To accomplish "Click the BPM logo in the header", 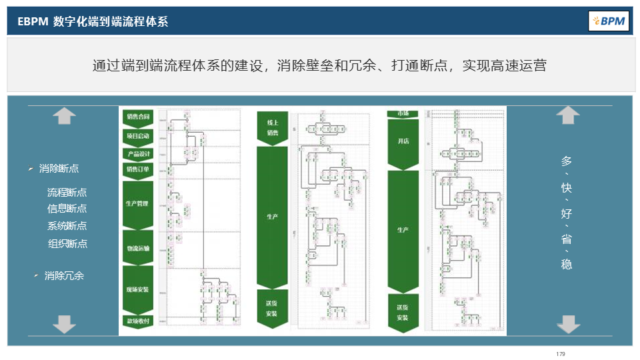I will coord(609,21).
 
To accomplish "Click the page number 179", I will coord(560,353).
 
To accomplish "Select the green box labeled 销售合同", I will coord(138,117).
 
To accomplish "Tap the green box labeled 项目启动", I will coord(138,136).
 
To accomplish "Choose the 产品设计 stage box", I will coord(138,154).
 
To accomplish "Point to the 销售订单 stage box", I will coord(138,169).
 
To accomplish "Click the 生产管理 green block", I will coord(138,203).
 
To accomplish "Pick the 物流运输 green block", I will coord(138,248).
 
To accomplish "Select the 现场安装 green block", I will coord(138,290).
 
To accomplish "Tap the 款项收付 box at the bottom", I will coord(138,321).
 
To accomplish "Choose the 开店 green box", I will coord(403,142).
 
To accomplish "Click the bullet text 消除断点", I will coord(59,168).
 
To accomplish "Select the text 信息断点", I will coord(67,209).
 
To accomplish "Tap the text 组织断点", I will coord(67,243).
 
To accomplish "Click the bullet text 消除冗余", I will coord(64,275).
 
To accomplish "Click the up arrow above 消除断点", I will coord(64,116).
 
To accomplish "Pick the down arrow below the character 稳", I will coord(567,324).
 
